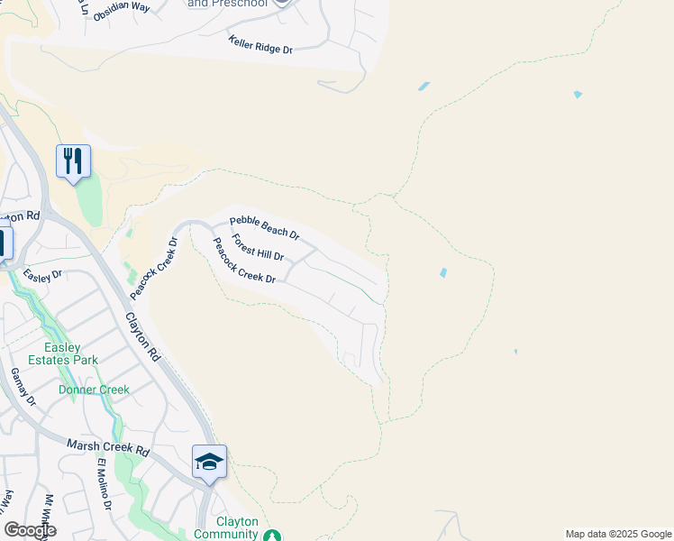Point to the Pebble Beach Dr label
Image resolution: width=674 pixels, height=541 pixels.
[x=264, y=228]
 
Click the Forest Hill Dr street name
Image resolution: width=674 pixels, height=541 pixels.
[x=258, y=248]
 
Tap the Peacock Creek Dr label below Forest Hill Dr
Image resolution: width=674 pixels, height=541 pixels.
[x=243, y=265]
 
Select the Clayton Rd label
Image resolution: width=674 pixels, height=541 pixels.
[x=142, y=337]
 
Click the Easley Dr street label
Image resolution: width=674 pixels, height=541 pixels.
[x=42, y=275]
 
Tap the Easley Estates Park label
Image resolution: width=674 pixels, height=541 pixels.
[x=72, y=353]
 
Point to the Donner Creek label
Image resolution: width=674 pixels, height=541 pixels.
[x=94, y=390]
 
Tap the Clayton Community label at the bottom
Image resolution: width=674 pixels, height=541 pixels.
[x=237, y=527]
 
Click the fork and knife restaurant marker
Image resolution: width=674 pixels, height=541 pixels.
[x=73, y=161]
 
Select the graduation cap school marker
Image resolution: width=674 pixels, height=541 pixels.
[x=209, y=462]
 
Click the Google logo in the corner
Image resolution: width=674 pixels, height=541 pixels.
[x=30, y=529]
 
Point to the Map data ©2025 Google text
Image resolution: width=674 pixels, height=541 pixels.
[x=617, y=534]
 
